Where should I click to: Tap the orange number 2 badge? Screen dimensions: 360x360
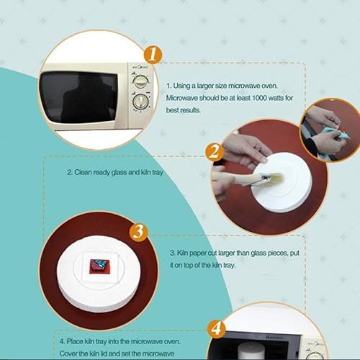point(212,152)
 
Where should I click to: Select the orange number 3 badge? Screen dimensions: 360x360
point(140,232)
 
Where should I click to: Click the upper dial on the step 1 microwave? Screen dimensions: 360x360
point(141,83)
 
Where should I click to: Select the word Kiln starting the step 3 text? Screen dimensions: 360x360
point(184,253)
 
